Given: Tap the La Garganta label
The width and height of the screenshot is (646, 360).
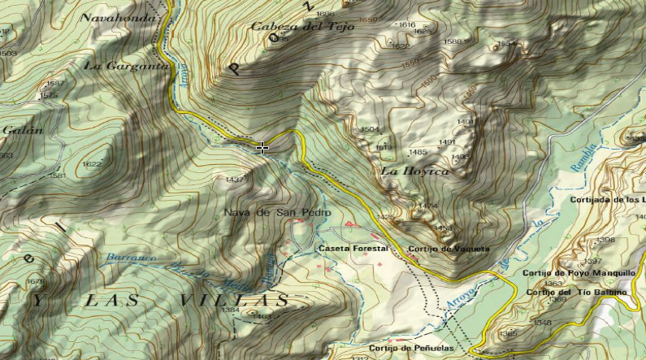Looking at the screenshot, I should point(127,65).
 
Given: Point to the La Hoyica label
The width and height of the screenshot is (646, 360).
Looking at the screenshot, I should point(414,171).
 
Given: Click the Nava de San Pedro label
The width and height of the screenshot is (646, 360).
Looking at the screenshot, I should point(277,213).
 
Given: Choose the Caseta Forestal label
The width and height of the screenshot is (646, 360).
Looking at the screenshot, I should point(353,248).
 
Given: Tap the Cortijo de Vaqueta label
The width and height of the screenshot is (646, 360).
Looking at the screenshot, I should point(449,248).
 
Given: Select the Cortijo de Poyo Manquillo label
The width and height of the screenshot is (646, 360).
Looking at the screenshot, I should point(578,273).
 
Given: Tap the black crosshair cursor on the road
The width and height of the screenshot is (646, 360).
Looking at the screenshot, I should point(262,148).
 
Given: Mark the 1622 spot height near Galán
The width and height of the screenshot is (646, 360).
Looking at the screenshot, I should point(92,164).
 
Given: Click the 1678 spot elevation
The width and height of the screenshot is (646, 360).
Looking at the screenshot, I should point(37,281).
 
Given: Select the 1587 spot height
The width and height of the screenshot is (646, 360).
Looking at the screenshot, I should point(55,84).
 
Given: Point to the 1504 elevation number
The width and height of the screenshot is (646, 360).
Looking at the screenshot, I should point(370,129).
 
